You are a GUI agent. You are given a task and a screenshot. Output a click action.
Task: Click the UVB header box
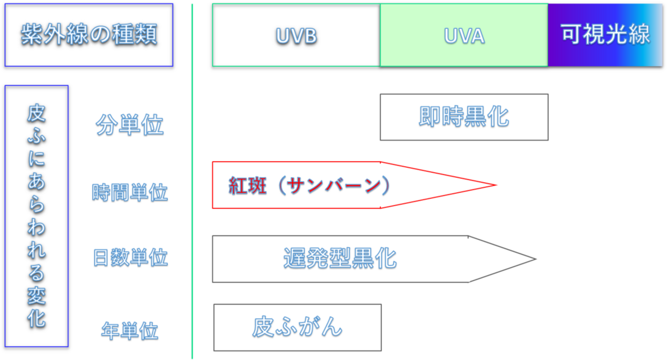coord(296,35)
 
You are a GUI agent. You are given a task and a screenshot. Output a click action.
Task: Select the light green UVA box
coord(464,35)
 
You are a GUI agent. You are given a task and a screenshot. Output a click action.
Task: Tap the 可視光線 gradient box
coord(605,35)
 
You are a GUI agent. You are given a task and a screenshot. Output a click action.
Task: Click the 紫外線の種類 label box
coord(89,35)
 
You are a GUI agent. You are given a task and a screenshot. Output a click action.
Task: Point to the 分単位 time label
coord(130,125)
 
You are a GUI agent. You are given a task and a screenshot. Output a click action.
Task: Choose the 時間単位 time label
coord(130,192)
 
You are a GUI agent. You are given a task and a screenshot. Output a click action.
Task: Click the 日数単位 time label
coord(130,257)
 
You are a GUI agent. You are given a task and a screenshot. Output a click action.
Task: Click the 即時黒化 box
coord(464,117)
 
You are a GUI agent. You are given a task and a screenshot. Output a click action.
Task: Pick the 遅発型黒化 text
coord(340,258)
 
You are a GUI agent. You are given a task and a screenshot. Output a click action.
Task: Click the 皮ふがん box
coord(297,327)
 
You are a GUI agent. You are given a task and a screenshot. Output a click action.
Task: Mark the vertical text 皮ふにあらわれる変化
coord(36,216)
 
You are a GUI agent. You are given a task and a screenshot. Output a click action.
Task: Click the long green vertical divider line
coord(192,205)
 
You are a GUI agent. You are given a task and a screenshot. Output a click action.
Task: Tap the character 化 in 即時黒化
coord(498,117)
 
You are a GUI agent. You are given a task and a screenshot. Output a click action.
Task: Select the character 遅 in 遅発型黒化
coord(295,258)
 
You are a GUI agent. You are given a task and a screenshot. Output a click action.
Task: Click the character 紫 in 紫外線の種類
coord(30,35)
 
